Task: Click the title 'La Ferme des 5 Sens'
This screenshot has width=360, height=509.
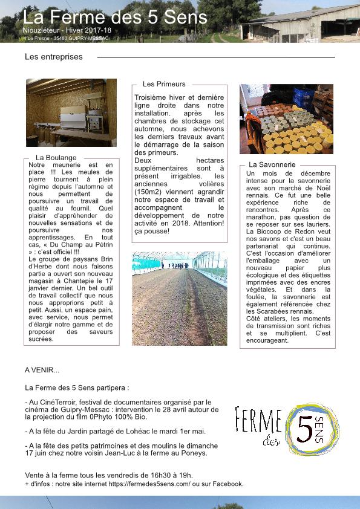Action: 115,16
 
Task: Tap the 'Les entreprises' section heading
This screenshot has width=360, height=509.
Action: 54,57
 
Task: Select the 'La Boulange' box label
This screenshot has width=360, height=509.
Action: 56,158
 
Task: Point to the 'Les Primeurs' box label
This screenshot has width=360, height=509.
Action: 164,84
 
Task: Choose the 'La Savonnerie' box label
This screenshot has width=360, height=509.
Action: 272,164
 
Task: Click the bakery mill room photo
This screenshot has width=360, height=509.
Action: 71,112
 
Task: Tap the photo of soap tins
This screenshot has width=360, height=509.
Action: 286,119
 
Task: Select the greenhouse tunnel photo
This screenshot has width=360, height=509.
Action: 180,299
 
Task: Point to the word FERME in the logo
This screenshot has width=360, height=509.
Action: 258,421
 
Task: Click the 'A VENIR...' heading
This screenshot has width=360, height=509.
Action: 42,370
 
